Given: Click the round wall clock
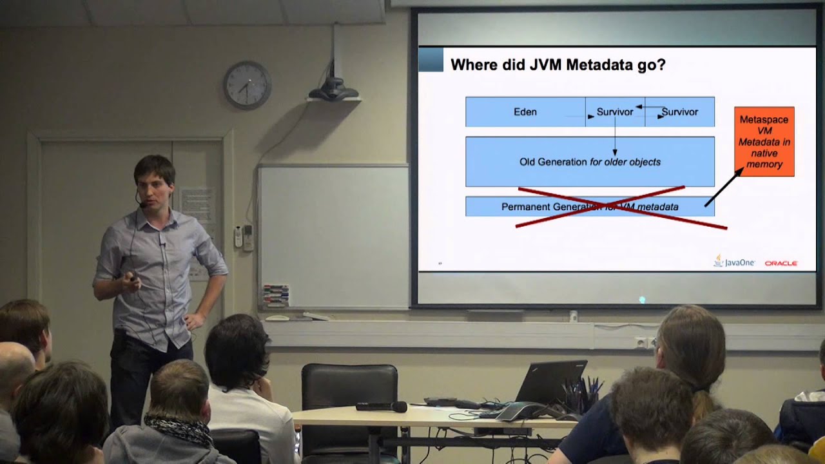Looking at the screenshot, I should click(x=247, y=85).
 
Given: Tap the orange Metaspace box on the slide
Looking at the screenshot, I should click(x=764, y=141).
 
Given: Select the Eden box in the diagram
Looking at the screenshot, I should click(x=525, y=111).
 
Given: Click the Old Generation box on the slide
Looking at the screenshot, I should click(x=590, y=162).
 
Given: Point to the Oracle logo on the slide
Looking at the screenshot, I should click(x=781, y=263).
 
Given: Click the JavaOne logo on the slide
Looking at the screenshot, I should click(x=734, y=262).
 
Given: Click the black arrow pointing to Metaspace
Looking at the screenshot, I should click(x=723, y=188).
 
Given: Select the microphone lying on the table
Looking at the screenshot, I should click(x=382, y=407).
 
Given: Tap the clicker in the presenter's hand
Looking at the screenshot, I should click(x=133, y=277).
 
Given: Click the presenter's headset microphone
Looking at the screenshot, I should click(x=141, y=204).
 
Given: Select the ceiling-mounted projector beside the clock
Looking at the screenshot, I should click(x=333, y=87).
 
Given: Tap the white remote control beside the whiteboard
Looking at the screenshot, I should click(x=238, y=237).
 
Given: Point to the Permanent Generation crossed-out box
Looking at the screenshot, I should click(x=590, y=207).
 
